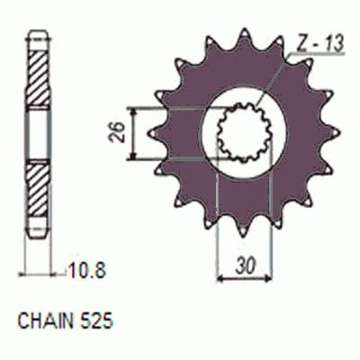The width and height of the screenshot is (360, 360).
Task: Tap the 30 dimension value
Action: click(x=245, y=265)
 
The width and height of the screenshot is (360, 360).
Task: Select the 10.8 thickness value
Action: click(x=87, y=271)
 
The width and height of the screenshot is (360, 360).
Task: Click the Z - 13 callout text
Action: click(x=319, y=44)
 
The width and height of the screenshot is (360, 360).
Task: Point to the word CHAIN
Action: click(x=46, y=321)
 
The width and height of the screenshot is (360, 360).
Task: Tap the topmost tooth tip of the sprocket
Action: click(x=245, y=30)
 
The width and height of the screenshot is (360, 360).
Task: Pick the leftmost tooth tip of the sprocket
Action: click(x=149, y=133)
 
